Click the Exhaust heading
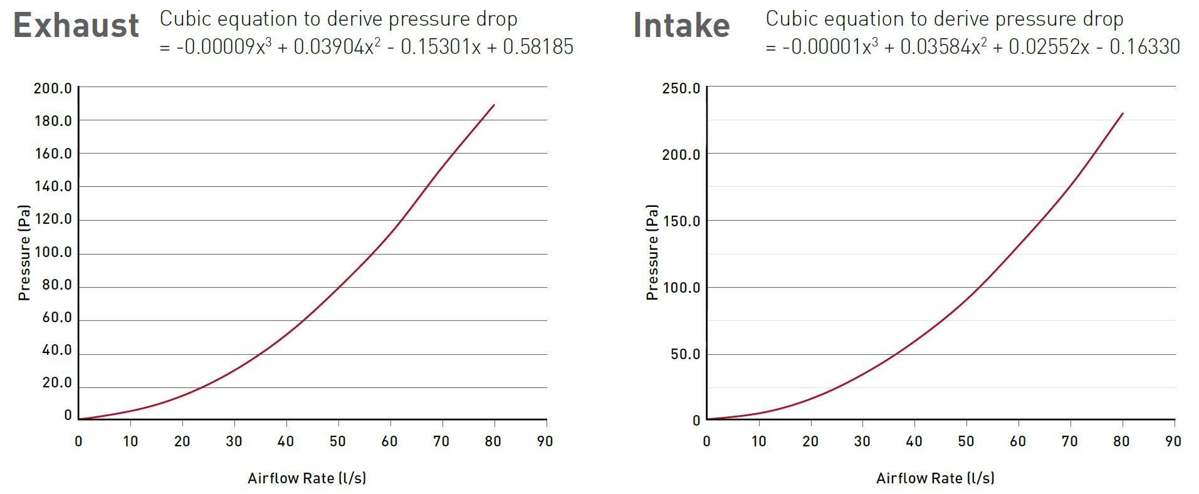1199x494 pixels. pos(76,26)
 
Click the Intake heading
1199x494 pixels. pos(681,26)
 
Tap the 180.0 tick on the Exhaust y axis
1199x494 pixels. pos(53,120)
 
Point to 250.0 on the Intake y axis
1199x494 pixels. pos(681,88)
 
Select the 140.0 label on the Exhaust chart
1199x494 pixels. pos(53,186)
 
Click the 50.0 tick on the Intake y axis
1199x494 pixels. pos(685,354)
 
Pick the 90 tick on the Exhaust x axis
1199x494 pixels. pos(545,441)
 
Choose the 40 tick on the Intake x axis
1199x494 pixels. pos(914,441)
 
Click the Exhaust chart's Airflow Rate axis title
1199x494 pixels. pos(306,478)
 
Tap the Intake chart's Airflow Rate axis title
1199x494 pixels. pos(935,478)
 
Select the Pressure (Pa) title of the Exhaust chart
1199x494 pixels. pos(24,253)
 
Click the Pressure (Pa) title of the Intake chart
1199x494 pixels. pos(652,253)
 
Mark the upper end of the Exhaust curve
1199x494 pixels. pos(494,105)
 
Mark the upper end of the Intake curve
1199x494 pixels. pos(1122,113)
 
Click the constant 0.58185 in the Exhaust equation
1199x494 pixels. pos(538,47)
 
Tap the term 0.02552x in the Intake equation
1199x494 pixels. pos(1048,47)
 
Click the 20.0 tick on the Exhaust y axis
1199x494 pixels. pos(56,383)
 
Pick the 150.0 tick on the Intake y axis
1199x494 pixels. pos(681,221)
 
